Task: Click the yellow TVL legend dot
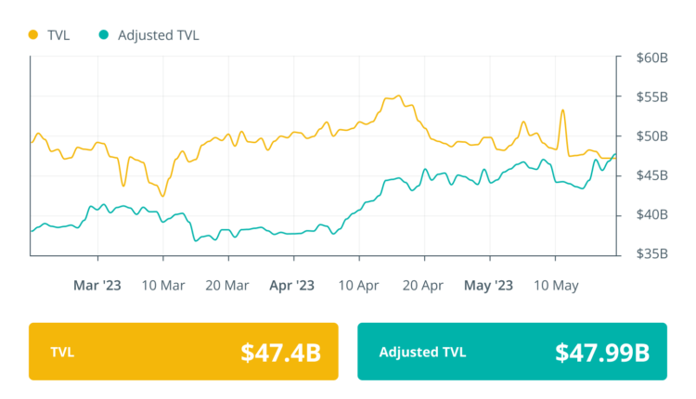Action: (34, 35)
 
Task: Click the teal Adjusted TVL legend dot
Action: (104, 35)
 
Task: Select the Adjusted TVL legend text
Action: (159, 35)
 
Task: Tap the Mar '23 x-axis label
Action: (97, 285)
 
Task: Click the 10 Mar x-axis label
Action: (162, 285)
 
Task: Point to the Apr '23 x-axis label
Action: (292, 285)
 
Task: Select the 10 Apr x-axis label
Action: (358, 285)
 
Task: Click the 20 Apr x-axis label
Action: (423, 285)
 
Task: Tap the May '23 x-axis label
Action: (488, 285)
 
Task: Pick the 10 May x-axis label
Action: (555, 285)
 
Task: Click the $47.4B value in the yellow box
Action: (280, 353)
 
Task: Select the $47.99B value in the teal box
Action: (600, 353)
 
